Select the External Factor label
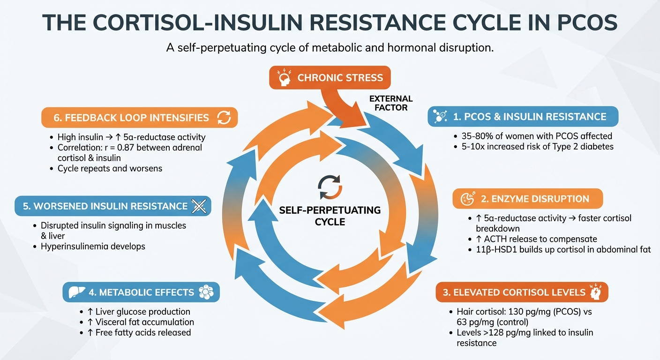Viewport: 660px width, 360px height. point(391,103)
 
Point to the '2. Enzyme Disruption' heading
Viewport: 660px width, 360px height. point(527,198)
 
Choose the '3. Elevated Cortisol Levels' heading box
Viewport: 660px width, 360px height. point(521,292)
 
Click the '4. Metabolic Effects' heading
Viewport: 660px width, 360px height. point(141,292)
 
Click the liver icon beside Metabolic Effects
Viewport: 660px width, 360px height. point(75,292)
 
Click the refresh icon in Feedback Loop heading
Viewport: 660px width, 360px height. point(225,118)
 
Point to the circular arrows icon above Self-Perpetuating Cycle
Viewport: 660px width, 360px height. point(330,187)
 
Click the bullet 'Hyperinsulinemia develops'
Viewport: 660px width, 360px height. point(93,246)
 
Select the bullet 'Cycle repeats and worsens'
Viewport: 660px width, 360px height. point(110,168)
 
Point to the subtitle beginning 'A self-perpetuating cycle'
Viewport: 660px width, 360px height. point(330,49)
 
